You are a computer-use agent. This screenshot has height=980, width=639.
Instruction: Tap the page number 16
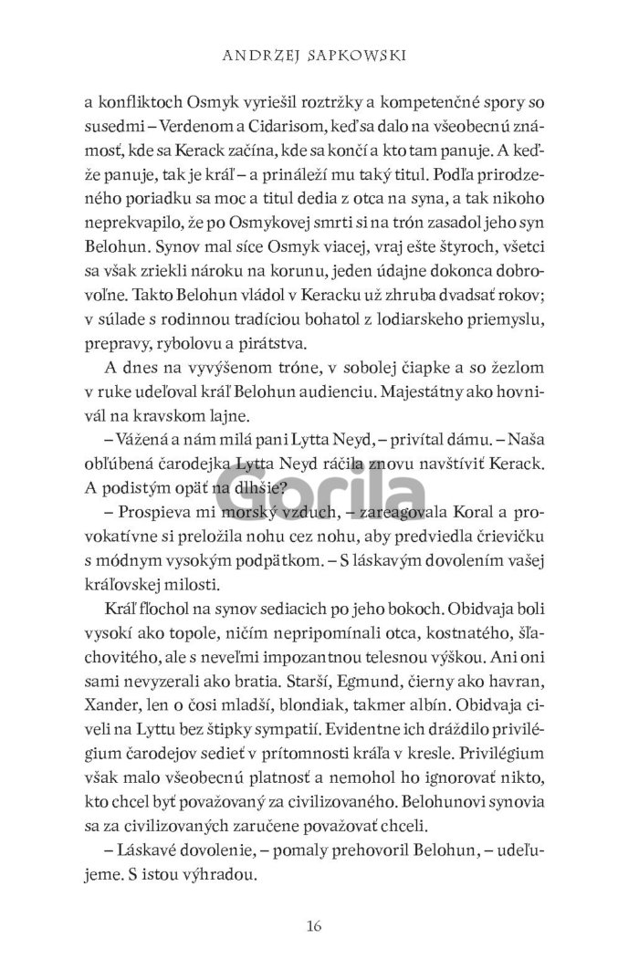click(315, 928)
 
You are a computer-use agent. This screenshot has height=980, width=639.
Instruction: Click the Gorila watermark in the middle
click(318, 496)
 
